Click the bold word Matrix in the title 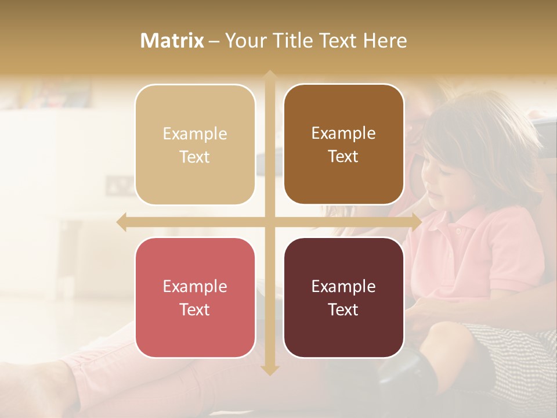coord(172,41)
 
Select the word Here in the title coord(385,41)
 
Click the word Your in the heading coord(244,41)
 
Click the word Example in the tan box coord(195,134)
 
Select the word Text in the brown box coord(343,157)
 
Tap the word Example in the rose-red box coord(195,287)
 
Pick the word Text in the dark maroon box coord(343,309)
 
